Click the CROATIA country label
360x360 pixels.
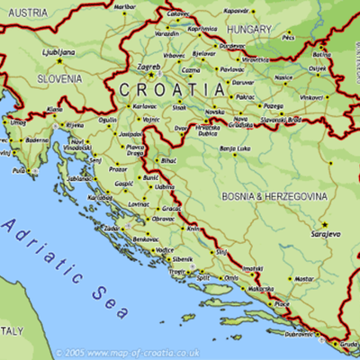click(x=171, y=89)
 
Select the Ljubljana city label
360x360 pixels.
click(x=59, y=52)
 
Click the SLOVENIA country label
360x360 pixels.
click(x=60, y=79)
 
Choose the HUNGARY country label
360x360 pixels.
click(x=249, y=29)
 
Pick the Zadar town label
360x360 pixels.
click(x=111, y=229)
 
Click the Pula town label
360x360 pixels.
click(x=19, y=169)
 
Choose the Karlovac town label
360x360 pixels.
click(x=144, y=105)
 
